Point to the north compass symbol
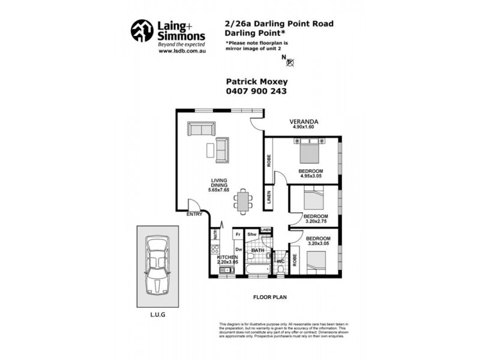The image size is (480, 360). click(290, 61)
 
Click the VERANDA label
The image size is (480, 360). click(304, 122)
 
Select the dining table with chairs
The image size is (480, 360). click(242, 201)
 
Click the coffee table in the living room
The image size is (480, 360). click(211, 149)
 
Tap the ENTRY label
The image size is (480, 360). click(194, 214)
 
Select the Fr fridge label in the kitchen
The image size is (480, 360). click(238, 234)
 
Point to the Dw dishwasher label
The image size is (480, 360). click(238, 249)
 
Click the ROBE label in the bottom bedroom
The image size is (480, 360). click(295, 260)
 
